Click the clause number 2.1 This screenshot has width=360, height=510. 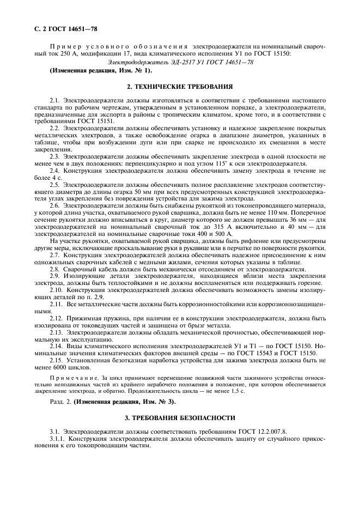[x=54, y=101]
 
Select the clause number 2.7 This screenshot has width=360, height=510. [x=54, y=255]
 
